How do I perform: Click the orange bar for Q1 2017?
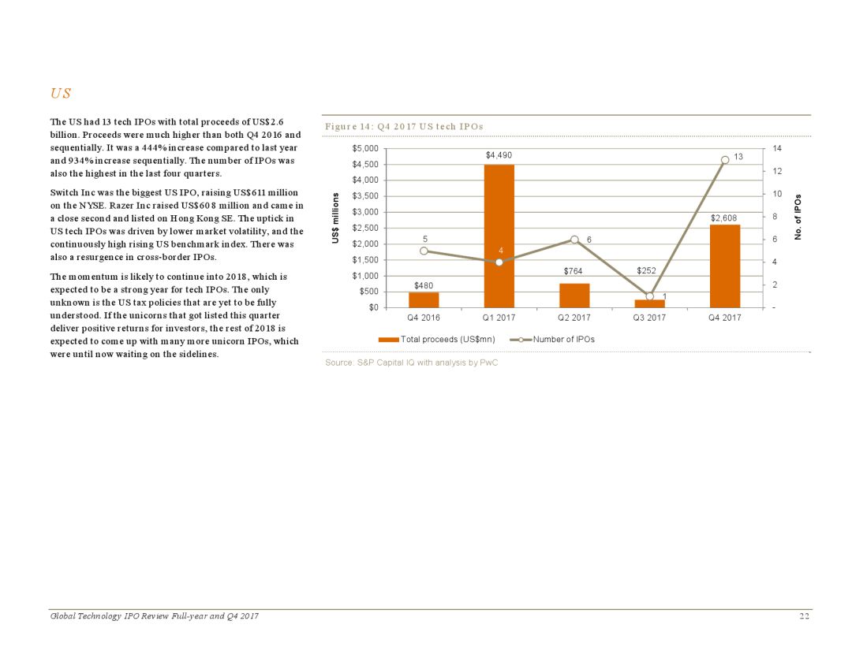tap(499, 236)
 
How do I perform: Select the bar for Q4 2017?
tap(724, 266)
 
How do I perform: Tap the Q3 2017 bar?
tap(649, 303)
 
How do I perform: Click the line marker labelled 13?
tap(724, 160)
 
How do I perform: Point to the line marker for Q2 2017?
tap(574, 240)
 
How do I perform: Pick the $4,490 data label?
tap(499, 155)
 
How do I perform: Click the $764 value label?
tap(574, 271)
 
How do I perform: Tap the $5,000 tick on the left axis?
tap(364, 148)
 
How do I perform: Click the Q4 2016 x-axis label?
tap(424, 318)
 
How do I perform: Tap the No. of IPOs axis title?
tap(798, 217)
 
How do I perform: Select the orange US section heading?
tap(60, 94)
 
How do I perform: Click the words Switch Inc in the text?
tap(72, 194)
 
